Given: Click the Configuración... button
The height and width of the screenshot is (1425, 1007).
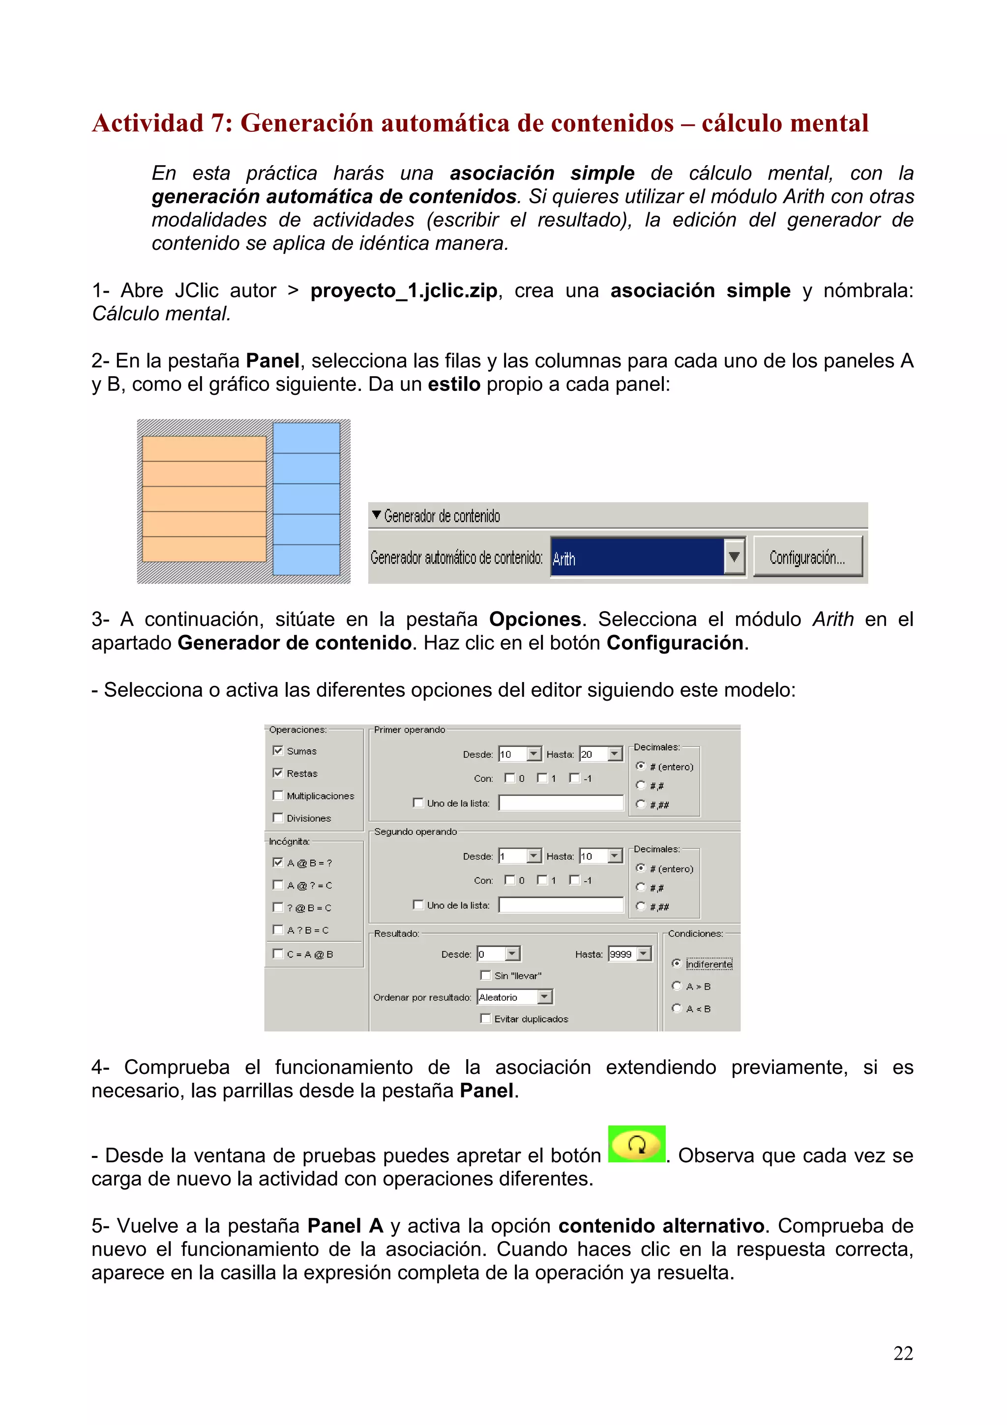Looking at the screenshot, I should [x=807, y=557].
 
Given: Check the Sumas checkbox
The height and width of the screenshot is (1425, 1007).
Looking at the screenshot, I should [x=278, y=750].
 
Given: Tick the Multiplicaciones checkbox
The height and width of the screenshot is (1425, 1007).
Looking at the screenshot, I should [x=278, y=795].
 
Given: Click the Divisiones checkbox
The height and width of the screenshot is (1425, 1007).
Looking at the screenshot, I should [x=278, y=817].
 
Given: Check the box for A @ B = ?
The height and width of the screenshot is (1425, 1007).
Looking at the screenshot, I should [x=278, y=862].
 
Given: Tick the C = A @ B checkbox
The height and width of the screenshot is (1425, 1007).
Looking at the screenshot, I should [x=278, y=953].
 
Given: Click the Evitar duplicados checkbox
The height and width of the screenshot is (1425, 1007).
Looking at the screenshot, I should [x=486, y=1018].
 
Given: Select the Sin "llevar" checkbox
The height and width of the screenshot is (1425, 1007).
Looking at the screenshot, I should [x=486, y=975].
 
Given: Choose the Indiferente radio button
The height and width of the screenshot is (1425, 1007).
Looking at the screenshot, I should [x=677, y=963].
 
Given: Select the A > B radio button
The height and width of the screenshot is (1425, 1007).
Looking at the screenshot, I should [x=677, y=985].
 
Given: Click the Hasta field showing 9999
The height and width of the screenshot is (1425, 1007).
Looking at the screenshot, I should [x=622, y=954].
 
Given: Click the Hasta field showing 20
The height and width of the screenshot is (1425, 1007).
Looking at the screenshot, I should [x=593, y=754].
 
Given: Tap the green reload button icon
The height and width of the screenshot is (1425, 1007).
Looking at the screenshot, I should [x=637, y=1144].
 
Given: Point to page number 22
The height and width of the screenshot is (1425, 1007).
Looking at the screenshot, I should [x=903, y=1353].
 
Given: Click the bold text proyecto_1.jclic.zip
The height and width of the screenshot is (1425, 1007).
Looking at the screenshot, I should [x=404, y=291].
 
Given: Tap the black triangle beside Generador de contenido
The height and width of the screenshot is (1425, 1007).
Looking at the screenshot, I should [x=376, y=515].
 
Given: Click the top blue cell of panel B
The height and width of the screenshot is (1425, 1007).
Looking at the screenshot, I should [x=306, y=438].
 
